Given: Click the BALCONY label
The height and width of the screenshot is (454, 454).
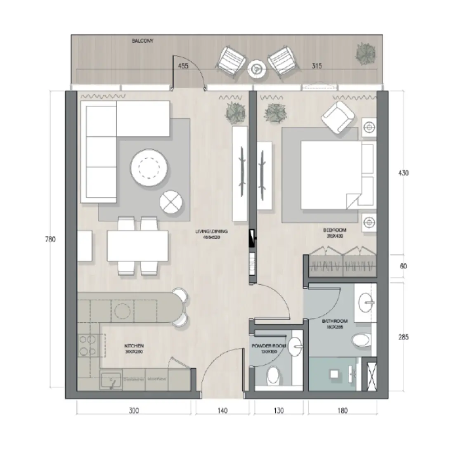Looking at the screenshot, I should [x=143, y=41].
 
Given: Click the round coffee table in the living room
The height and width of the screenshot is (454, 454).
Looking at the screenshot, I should [x=150, y=167].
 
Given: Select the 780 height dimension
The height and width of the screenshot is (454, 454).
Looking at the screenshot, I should [x=49, y=239].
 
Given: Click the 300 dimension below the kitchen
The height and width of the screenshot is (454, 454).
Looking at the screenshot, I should [x=133, y=411].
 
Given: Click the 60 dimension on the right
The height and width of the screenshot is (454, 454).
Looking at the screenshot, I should [x=403, y=266].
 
